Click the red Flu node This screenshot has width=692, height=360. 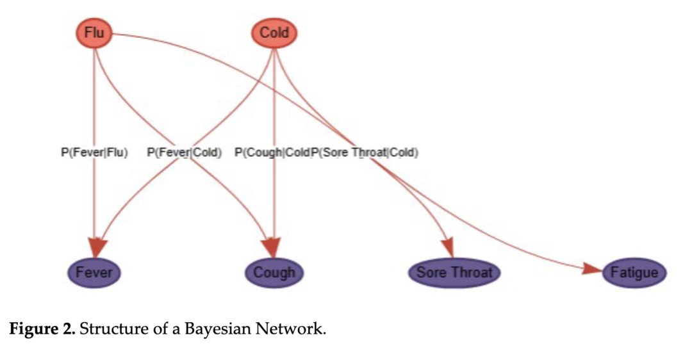94,33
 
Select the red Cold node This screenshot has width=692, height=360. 274,33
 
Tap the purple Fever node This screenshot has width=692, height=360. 94,272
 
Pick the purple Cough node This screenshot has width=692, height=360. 274,272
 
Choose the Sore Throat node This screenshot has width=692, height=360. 454,272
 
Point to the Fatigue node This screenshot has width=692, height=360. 634,273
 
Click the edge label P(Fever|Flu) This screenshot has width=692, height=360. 94,153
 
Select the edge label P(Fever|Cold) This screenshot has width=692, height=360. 185,153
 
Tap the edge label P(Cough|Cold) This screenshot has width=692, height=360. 272,153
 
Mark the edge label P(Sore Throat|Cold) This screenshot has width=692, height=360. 365,153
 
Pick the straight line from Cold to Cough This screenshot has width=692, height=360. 274,199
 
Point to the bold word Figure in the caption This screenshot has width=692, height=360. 31,331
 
